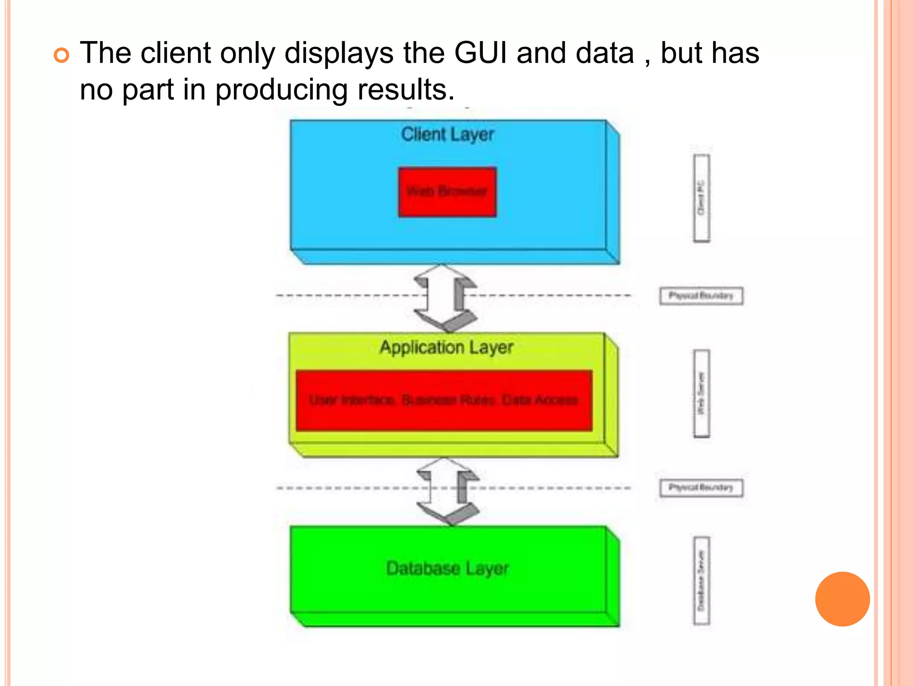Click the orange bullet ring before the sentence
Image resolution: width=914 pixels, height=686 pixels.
pyautogui.click(x=62, y=55)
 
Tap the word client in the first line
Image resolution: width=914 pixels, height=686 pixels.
pyautogui.click(x=175, y=53)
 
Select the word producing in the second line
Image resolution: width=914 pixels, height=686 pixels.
pyautogui.click(x=281, y=89)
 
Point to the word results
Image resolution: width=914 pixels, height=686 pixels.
pyautogui.click(x=406, y=89)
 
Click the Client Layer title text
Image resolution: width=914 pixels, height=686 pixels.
pyautogui.click(x=447, y=134)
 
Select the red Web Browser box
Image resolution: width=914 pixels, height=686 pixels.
pyautogui.click(x=447, y=192)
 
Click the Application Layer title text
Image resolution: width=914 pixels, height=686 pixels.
pyautogui.click(x=446, y=347)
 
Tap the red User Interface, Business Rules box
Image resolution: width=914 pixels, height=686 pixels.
pyautogui.click(x=444, y=400)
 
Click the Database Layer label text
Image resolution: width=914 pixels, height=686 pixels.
pyautogui.click(x=447, y=569)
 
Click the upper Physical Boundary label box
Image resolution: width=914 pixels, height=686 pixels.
pyautogui.click(x=701, y=296)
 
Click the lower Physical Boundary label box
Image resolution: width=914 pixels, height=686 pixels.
pyautogui.click(x=701, y=488)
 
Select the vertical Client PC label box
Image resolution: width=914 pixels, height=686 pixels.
pyautogui.click(x=701, y=198)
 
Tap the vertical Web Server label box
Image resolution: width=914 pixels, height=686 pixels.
pyautogui.click(x=701, y=393)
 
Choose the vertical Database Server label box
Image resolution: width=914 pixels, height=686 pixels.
pyautogui.click(x=701, y=581)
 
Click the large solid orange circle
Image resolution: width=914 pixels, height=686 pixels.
pyautogui.click(x=842, y=599)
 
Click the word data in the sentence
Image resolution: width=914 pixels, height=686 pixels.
pyautogui.click(x=605, y=53)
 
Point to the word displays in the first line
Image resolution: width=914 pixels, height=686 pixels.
pyautogui.click(x=339, y=53)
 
